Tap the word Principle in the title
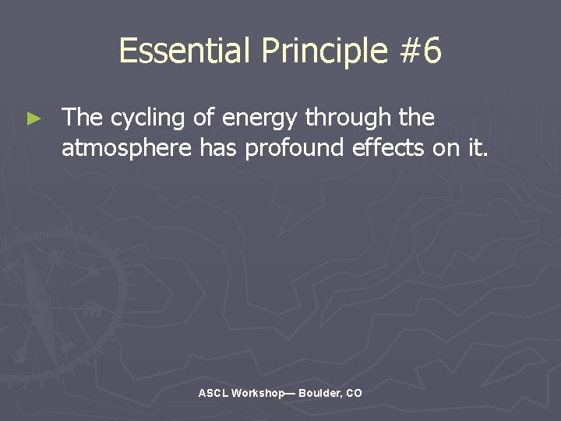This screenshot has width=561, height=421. click(x=324, y=51)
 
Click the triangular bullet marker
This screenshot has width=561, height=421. click(x=33, y=119)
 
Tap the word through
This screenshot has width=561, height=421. click(x=348, y=119)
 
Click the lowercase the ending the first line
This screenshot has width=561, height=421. click(x=416, y=118)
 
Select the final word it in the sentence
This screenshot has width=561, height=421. click(x=477, y=147)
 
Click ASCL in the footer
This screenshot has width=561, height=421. click(x=213, y=394)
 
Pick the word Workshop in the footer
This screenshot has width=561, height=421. click(x=258, y=394)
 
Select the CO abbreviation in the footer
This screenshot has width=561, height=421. click(x=354, y=394)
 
